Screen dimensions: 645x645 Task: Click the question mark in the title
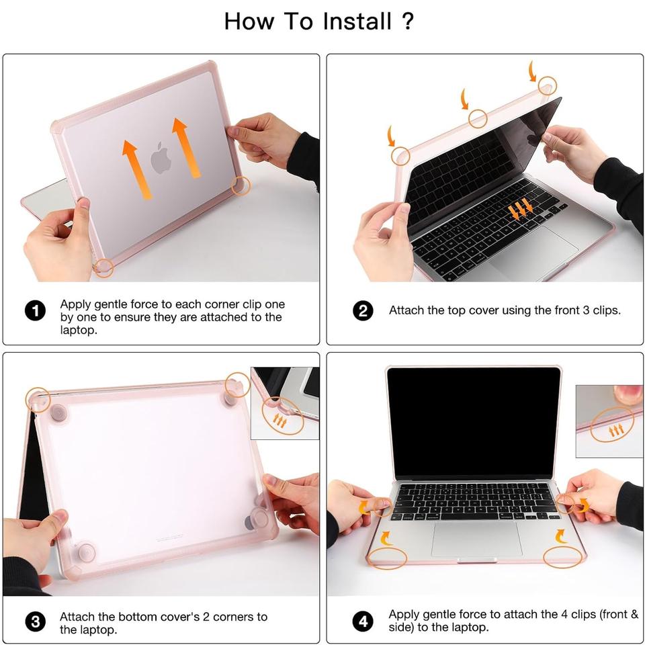tap(407, 21)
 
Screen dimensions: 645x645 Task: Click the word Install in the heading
tap(357, 21)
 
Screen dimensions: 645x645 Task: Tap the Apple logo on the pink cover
tap(161, 157)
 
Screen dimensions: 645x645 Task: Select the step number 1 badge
tap(35, 310)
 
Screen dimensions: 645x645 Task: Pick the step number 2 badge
tap(363, 310)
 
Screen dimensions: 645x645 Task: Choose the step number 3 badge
tap(36, 621)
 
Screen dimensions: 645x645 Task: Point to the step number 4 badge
tap(363, 621)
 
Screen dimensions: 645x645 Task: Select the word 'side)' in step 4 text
tap(401, 628)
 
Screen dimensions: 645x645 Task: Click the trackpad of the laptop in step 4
tap(476, 540)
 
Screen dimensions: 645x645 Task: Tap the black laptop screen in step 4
tap(474, 423)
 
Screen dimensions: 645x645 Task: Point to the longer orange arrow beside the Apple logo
tap(186, 148)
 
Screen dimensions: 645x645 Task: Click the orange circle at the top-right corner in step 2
tap(547, 86)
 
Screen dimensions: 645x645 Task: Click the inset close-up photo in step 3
tap(285, 403)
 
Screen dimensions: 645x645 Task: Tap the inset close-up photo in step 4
tap(609, 421)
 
